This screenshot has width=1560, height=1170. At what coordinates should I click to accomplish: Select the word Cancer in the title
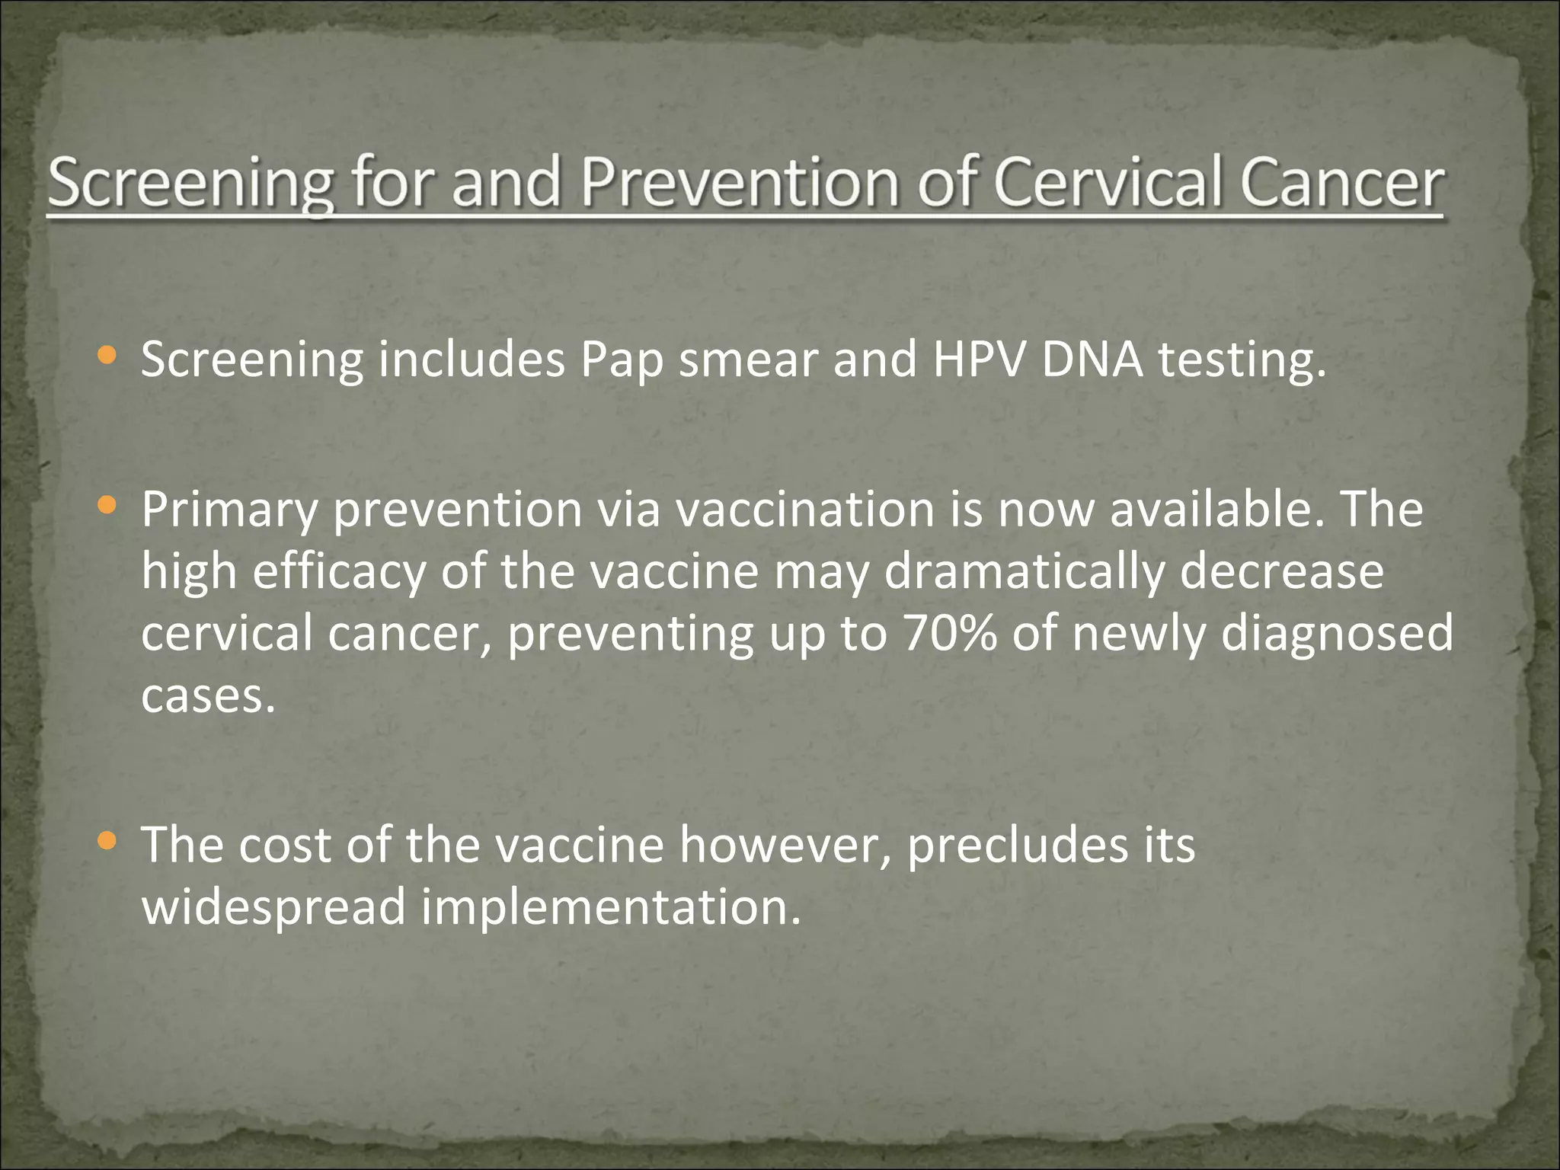coord(1341,183)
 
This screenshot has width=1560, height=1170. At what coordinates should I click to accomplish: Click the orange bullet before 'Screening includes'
coord(107,354)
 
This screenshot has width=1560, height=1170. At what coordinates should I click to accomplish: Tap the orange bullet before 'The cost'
coord(107,840)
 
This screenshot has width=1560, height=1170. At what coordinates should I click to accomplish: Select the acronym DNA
coord(1092,359)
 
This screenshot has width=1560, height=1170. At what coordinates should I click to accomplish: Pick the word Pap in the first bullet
coord(622,360)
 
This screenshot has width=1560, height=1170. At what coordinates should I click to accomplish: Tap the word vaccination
coord(805,509)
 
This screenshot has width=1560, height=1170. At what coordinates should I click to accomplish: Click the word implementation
coord(612,908)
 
